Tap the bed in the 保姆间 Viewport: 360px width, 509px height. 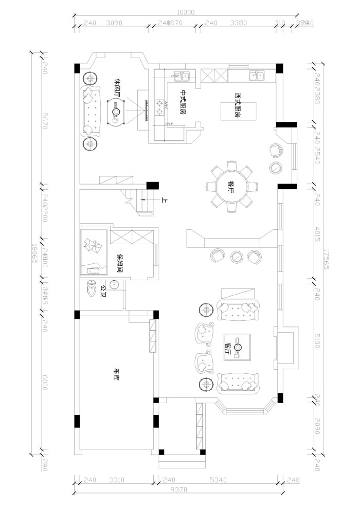tap(93, 253)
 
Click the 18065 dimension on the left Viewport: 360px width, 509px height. tap(34, 254)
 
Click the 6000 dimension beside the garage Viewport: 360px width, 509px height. tap(45, 382)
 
